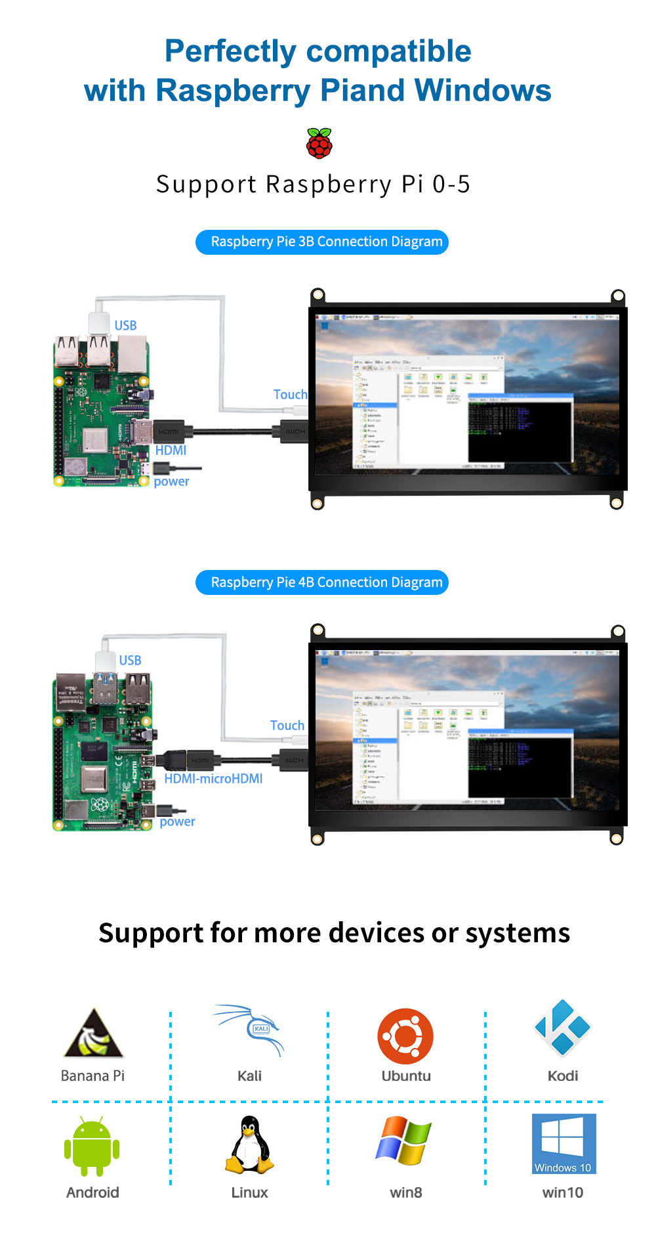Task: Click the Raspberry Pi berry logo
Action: tap(319, 143)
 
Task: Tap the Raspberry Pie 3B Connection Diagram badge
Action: tap(322, 242)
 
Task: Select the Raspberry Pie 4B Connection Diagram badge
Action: tap(322, 582)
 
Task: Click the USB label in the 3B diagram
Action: tap(125, 326)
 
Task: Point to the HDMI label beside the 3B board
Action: tap(171, 450)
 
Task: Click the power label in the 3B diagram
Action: tap(171, 481)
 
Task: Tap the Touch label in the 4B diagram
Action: tap(287, 726)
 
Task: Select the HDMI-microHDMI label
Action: tap(213, 779)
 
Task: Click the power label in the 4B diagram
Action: tap(177, 821)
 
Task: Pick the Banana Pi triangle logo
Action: tap(93, 1034)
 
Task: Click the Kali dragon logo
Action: tap(250, 1030)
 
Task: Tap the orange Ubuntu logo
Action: tap(405, 1036)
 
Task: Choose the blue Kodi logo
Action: tap(562, 1028)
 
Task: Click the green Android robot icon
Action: tap(92, 1147)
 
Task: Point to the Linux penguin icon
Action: tap(249, 1145)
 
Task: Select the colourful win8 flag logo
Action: tap(404, 1141)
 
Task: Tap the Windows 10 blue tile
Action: tap(564, 1144)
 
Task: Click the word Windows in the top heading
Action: tap(483, 91)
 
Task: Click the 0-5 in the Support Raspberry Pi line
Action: tap(451, 185)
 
